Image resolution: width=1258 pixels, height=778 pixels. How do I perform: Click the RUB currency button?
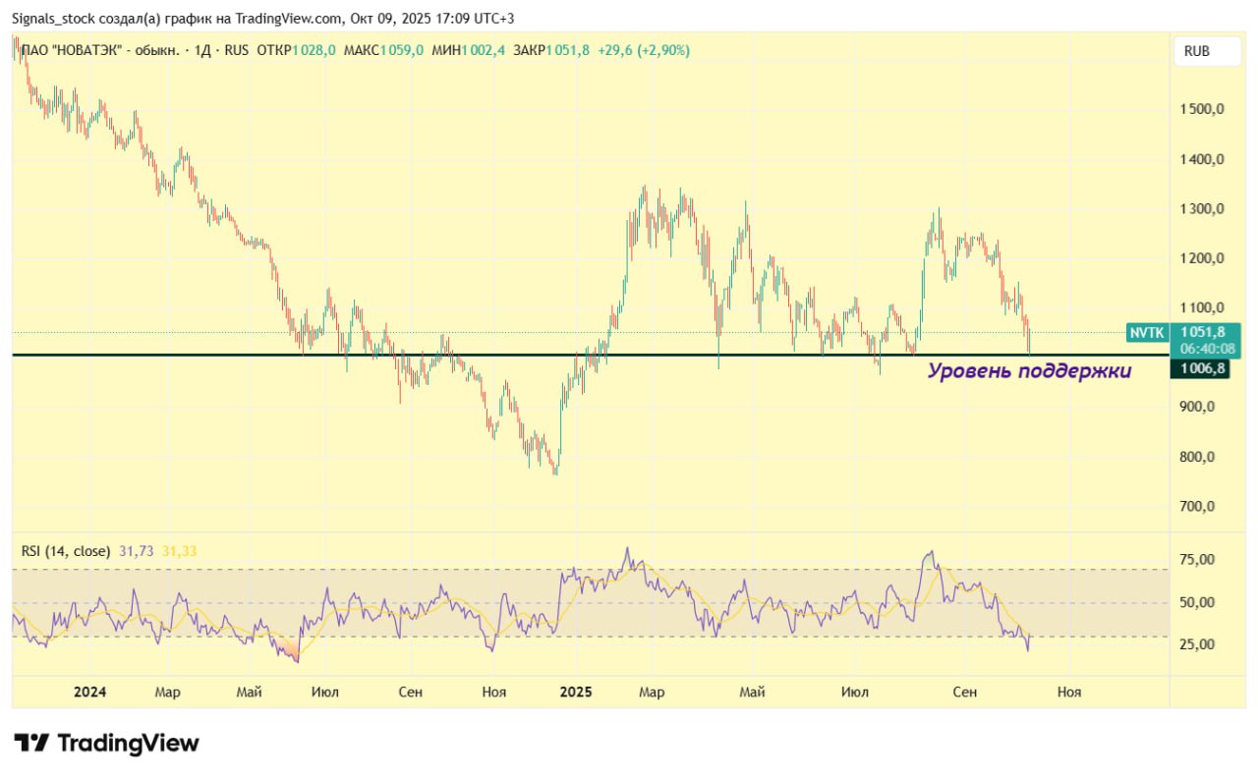tap(1196, 51)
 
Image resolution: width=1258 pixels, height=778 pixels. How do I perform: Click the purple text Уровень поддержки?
tap(1029, 370)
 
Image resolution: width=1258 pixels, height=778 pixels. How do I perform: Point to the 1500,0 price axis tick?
tap(1200, 109)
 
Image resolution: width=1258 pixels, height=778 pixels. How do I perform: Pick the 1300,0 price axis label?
tap(1200, 209)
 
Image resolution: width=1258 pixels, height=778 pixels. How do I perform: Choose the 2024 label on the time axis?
tap(89, 693)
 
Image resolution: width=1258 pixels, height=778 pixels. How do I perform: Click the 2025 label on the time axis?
tap(576, 693)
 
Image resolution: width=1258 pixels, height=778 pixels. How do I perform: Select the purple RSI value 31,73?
tap(137, 551)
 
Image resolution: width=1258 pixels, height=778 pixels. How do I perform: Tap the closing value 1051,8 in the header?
tap(568, 50)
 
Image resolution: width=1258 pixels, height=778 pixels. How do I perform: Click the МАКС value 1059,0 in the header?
tap(403, 50)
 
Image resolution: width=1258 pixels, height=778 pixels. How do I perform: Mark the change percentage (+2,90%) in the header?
tap(663, 50)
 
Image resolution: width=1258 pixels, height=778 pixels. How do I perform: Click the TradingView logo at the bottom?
tap(106, 744)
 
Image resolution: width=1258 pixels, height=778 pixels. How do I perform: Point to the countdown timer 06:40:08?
tap(1207, 349)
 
